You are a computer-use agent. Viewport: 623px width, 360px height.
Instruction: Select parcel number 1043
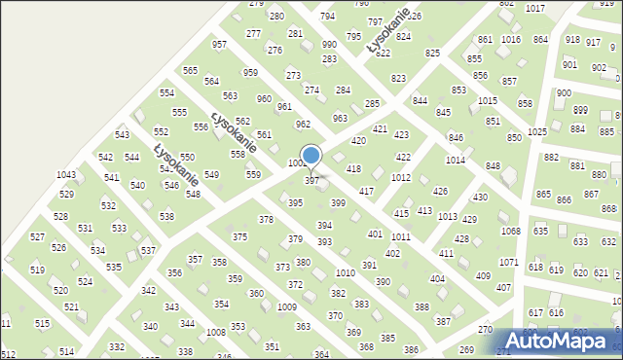tap(66, 175)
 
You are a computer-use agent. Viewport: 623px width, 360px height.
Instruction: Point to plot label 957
tap(220, 46)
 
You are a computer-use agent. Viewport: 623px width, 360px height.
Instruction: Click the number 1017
tap(562, 8)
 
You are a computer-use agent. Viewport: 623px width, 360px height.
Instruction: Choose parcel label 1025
tap(536, 131)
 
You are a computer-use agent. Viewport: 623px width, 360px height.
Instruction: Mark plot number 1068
tap(510, 231)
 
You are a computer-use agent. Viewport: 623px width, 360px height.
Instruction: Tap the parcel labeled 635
tap(540, 232)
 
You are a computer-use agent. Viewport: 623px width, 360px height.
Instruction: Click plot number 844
tap(420, 101)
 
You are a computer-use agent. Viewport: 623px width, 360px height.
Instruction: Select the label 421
tap(380, 129)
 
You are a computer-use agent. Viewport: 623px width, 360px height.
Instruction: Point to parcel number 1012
tap(400, 178)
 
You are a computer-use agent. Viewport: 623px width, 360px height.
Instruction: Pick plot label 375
tap(239, 237)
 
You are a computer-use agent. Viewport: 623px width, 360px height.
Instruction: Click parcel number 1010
tap(345, 273)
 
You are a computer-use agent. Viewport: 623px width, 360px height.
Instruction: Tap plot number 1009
tap(286, 307)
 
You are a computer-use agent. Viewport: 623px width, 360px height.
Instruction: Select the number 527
tap(37, 237)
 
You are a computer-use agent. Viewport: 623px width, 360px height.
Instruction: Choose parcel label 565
tap(190, 71)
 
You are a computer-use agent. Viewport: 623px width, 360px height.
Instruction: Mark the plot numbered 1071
tap(508, 263)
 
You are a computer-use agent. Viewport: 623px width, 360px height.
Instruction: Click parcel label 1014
tap(455, 160)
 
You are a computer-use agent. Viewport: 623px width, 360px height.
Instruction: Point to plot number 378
tap(265, 220)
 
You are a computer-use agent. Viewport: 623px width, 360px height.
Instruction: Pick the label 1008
tap(216, 333)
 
